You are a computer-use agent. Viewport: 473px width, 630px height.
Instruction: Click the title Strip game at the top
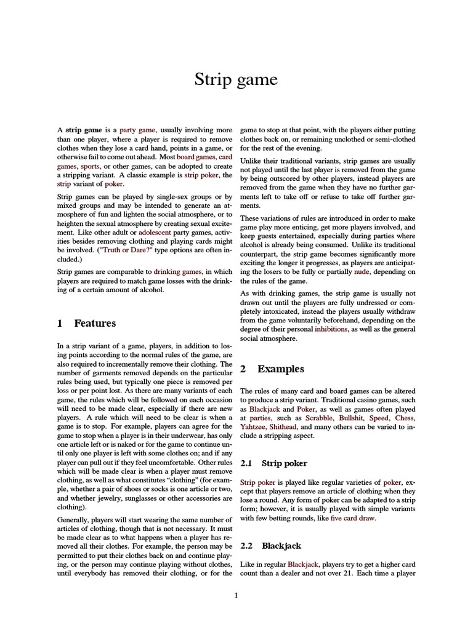pos(236,79)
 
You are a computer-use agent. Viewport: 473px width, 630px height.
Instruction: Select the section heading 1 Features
pos(86,323)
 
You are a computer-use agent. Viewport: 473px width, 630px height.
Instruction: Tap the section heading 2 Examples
pos(272,369)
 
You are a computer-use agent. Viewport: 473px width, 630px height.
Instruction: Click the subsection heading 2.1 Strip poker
pos(274,463)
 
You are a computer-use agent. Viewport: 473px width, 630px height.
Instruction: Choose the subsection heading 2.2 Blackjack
pos(273,546)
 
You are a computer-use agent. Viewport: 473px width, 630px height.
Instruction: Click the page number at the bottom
pos(236,596)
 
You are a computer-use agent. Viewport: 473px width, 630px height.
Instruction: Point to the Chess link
pos(405,418)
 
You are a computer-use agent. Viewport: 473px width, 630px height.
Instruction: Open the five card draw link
pos(352,518)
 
